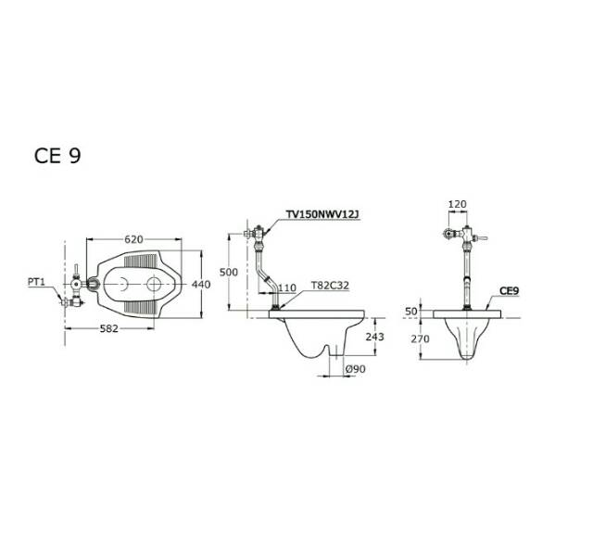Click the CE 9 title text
(x=57, y=155)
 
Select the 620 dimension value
(x=133, y=239)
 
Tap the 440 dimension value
(x=201, y=284)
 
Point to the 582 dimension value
(x=109, y=328)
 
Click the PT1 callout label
(x=36, y=282)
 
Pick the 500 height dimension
(x=229, y=272)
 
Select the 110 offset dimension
(x=287, y=288)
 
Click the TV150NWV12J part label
(x=322, y=214)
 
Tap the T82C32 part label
(x=330, y=285)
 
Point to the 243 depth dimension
(x=374, y=337)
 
